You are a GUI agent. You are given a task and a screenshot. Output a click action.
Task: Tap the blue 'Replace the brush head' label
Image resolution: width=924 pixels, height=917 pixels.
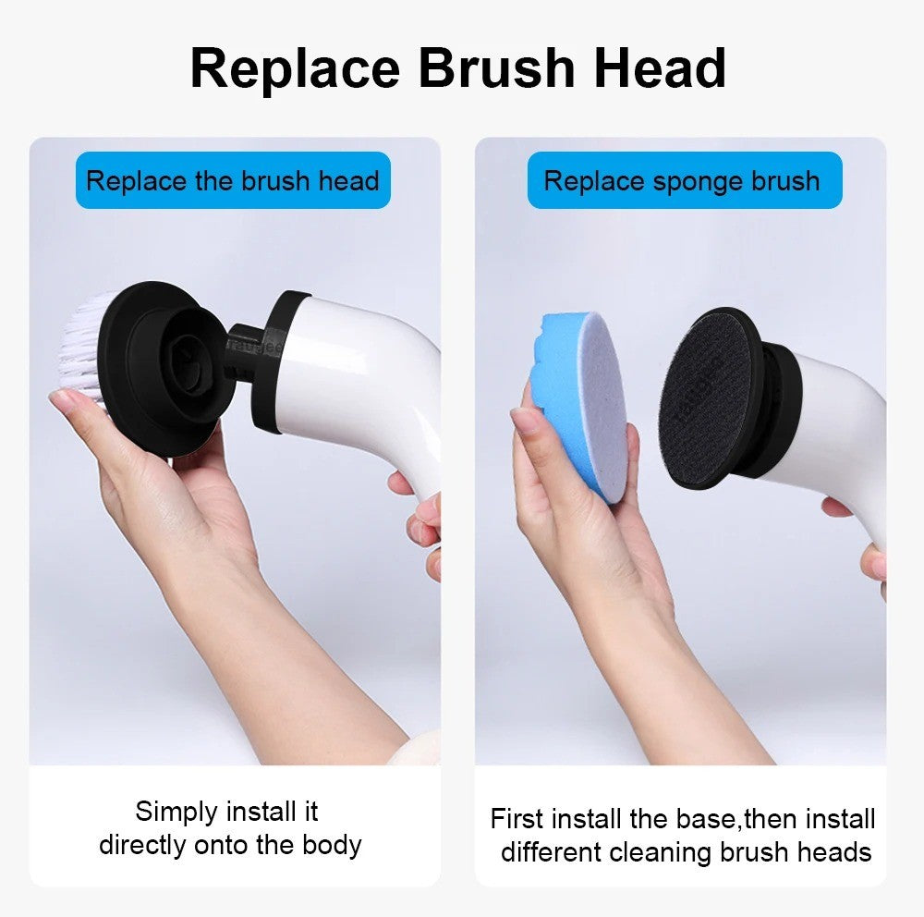[233, 180]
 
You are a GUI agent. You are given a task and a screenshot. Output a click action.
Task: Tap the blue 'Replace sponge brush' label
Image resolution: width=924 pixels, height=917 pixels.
[684, 180]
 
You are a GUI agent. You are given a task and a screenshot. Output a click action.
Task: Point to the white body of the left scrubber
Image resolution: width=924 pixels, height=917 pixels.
[370, 379]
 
